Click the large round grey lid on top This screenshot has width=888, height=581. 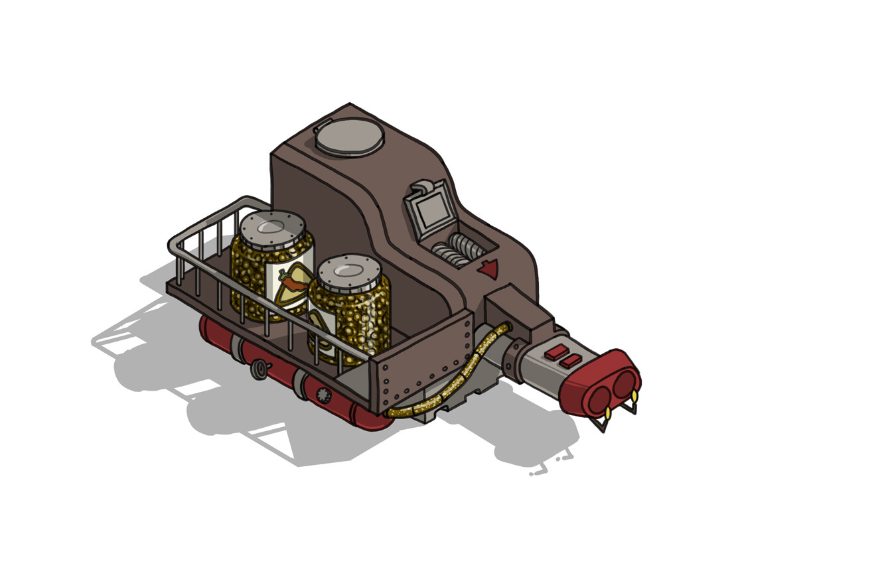point(349,136)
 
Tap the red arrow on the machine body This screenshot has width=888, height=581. point(489,269)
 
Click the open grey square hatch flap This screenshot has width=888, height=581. point(431,210)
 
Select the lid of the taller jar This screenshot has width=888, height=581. point(272,228)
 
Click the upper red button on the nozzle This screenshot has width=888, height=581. point(556,352)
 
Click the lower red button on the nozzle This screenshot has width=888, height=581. point(571,361)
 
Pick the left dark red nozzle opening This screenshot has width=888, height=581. point(599,400)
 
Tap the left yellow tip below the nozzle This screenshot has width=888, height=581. point(608,413)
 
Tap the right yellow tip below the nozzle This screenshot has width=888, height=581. point(634,397)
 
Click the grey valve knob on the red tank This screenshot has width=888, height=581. point(259,369)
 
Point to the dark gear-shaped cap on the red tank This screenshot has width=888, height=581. point(324,396)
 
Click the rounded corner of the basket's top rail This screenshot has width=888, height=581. point(175,246)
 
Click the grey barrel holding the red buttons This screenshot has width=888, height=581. point(541,371)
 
